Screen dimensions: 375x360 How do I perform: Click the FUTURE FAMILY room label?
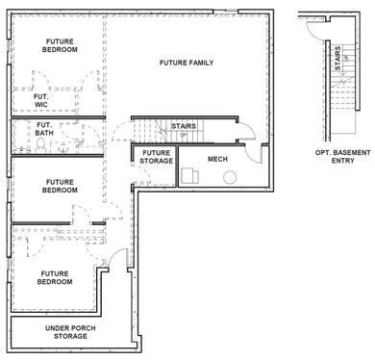click(187, 63)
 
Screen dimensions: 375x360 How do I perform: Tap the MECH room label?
click(217, 159)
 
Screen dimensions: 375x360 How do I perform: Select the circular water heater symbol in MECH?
click(230, 177)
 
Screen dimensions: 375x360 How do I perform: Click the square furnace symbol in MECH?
click(190, 175)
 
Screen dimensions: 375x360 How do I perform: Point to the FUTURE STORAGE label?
click(157, 157)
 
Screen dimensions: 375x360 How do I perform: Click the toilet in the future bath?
click(40, 145)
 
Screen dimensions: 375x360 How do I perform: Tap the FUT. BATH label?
click(44, 129)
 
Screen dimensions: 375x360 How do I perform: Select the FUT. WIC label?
click(41, 100)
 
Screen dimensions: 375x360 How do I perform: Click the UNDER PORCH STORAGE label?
click(70, 332)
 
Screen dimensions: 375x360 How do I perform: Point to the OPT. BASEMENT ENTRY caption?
click(342, 156)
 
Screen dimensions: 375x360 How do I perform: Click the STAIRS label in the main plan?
click(184, 126)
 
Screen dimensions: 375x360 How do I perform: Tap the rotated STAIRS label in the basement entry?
click(337, 59)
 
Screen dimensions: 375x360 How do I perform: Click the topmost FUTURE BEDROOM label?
click(60, 45)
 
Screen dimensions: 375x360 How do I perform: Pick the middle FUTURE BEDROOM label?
click(60, 186)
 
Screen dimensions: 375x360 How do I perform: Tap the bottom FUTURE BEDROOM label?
click(55, 277)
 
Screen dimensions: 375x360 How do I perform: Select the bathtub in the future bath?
click(21, 136)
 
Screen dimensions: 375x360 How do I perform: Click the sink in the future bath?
click(63, 148)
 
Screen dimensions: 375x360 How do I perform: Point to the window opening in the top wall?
click(226, 12)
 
